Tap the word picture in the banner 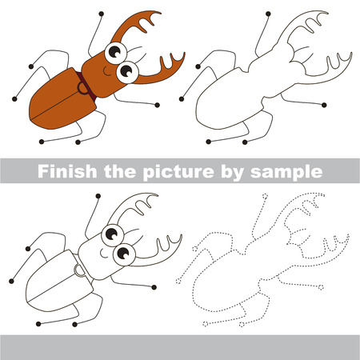(182, 171)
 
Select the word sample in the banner (289, 171)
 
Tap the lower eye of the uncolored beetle (126, 254)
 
